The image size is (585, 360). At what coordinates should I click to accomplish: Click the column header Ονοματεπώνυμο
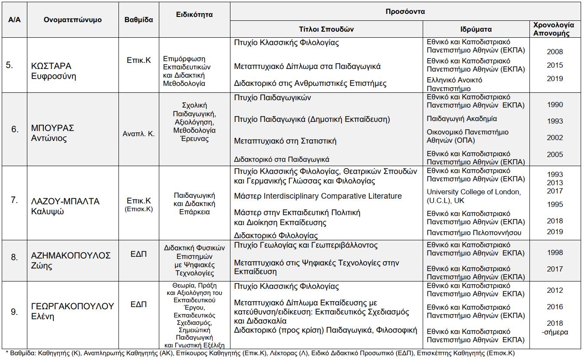(72, 20)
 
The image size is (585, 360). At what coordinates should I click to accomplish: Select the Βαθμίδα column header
(138, 20)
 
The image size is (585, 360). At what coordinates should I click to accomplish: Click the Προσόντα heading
(405, 12)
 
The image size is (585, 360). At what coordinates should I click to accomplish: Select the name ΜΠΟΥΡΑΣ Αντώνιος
(53, 133)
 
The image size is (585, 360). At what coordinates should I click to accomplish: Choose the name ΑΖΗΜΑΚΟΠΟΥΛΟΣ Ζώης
(71, 260)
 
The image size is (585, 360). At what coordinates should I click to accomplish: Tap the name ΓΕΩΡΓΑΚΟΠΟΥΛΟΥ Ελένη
(72, 311)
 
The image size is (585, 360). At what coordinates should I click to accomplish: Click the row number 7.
(14, 200)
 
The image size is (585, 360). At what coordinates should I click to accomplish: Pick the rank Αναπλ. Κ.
(138, 134)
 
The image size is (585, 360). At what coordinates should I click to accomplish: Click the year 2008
(555, 52)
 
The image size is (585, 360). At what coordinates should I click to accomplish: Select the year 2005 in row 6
(555, 154)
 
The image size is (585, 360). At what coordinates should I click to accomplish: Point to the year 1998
(555, 252)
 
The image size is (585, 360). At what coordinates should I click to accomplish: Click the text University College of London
(473, 192)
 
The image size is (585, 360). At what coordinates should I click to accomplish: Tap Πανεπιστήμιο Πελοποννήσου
(474, 232)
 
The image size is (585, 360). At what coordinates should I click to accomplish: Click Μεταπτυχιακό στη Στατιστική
(285, 141)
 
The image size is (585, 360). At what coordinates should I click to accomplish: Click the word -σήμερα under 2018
(555, 332)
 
